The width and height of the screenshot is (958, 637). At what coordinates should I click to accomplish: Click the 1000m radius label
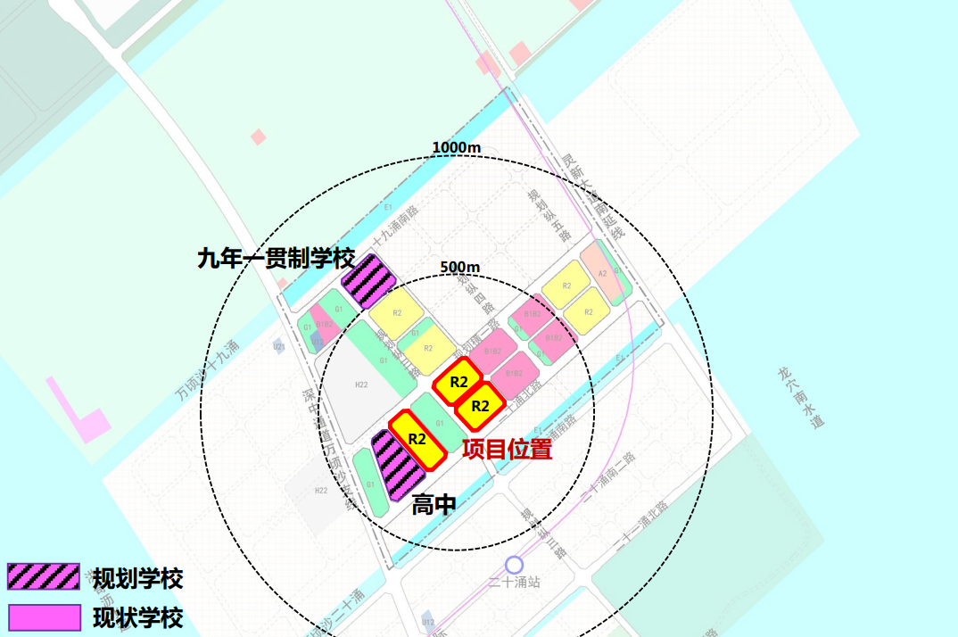(457, 147)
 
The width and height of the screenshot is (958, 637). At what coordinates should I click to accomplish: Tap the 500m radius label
(460, 268)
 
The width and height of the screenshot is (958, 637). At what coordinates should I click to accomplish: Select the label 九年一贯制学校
(277, 259)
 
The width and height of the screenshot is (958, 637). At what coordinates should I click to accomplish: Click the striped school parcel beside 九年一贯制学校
(368, 280)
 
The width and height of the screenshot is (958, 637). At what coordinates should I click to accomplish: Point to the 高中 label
(434, 505)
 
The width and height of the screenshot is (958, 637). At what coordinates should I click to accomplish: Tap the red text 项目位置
(507, 450)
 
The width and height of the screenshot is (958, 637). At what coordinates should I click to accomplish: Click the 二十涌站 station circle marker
(513, 565)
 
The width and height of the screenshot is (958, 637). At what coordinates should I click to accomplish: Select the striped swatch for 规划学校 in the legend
(43, 577)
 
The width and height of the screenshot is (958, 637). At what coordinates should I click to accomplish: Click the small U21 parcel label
(279, 346)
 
